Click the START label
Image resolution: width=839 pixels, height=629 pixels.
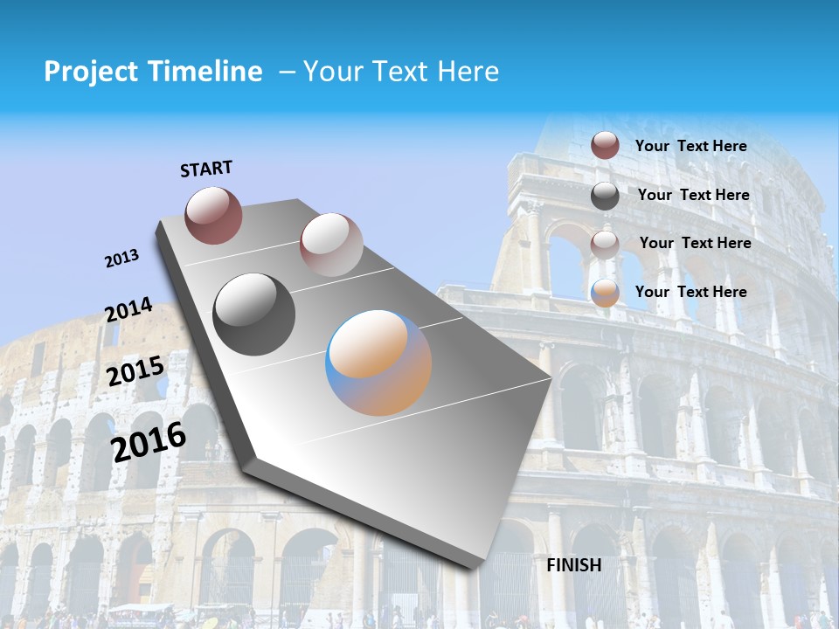pyautogui.click(x=206, y=169)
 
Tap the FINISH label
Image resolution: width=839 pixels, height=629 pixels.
pyautogui.click(x=574, y=565)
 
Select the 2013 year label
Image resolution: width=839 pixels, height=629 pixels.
pyautogui.click(x=121, y=259)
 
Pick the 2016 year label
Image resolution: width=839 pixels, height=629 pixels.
pyautogui.click(x=149, y=441)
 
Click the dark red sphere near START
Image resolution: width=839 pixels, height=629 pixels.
pyautogui.click(x=213, y=215)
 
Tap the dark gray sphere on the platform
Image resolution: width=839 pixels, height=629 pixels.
pyautogui.click(x=253, y=314)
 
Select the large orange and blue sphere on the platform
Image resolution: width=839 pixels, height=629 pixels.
pyautogui.click(x=378, y=363)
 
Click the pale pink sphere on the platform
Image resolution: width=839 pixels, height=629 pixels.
pyautogui.click(x=331, y=245)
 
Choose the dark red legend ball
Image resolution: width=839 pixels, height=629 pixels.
pyautogui.click(x=605, y=145)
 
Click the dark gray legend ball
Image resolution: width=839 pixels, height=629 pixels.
pyautogui.click(x=605, y=196)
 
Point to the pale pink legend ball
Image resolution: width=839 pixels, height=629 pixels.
pyautogui.click(x=605, y=245)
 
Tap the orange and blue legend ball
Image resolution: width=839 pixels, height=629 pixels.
pyautogui.click(x=605, y=293)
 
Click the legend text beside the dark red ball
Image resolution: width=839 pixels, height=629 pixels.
pyautogui.click(x=690, y=146)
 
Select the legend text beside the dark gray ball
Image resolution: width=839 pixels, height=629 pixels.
pyautogui.click(x=693, y=195)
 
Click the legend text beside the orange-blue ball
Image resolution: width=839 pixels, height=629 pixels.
pyautogui.click(x=690, y=292)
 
